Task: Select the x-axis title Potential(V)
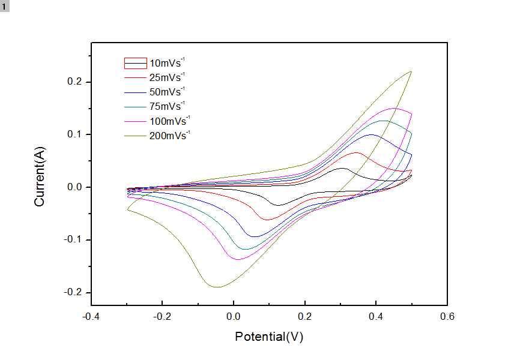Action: (x=269, y=337)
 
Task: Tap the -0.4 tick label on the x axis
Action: (x=91, y=316)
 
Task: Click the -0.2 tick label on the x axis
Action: (x=162, y=316)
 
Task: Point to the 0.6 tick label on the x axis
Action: (x=447, y=316)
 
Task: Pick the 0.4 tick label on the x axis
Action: (x=376, y=316)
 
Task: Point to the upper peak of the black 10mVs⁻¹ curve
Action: (x=342, y=168)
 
